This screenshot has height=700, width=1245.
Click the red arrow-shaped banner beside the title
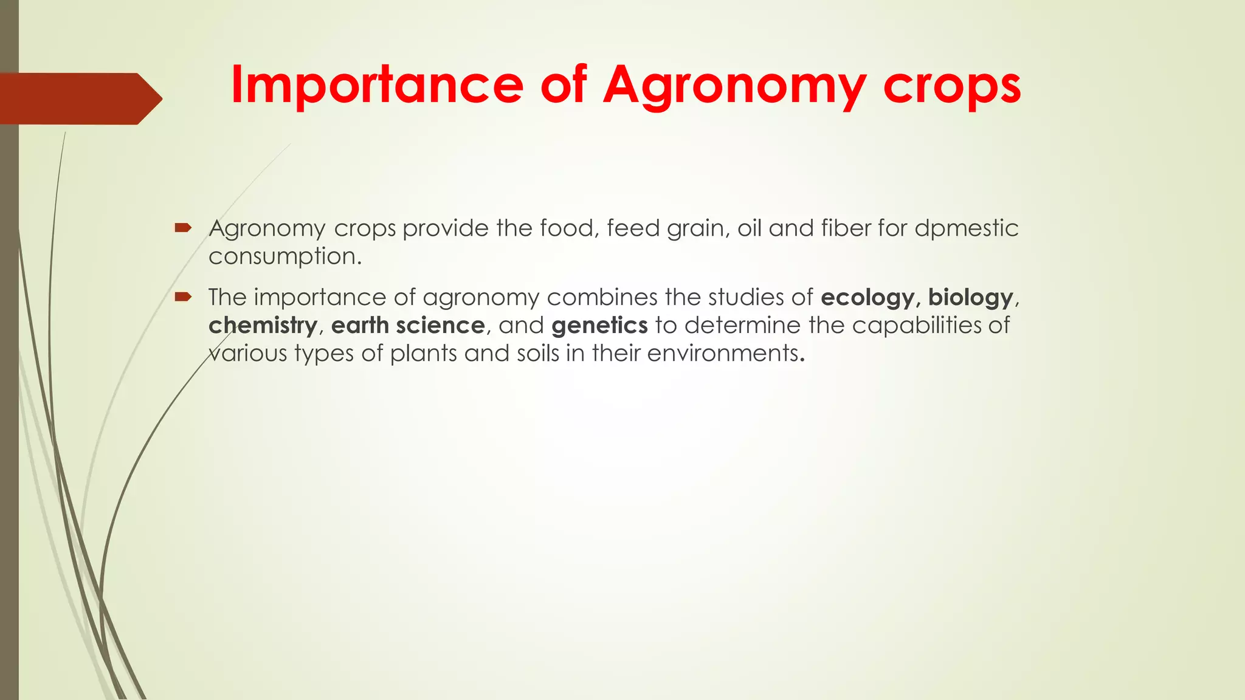[x=79, y=98]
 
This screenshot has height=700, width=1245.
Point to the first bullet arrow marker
[x=182, y=228]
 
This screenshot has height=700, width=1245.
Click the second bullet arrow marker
[x=182, y=297]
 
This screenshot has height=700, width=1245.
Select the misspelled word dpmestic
[x=966, y=228]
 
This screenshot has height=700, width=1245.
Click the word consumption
[x=285, y=256]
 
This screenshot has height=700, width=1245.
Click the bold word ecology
[x=867, y=298]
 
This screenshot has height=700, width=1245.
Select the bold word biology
[x=970, y=298]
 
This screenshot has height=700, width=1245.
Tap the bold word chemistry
[x=263, y=326]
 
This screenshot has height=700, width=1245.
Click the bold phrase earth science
[x=407, y=326]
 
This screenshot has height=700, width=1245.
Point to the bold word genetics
[x=599, y=326]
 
